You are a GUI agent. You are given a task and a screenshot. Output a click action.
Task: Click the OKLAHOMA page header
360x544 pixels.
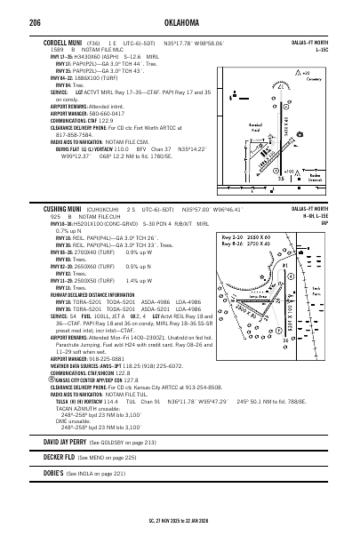tap(179, 20)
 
